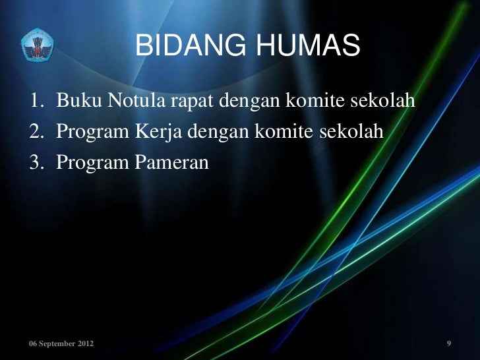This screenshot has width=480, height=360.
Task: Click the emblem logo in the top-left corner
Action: click(37, 45)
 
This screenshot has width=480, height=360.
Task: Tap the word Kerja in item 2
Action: click(161, 132)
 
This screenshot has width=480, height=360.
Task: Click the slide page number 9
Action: click(448, 344)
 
